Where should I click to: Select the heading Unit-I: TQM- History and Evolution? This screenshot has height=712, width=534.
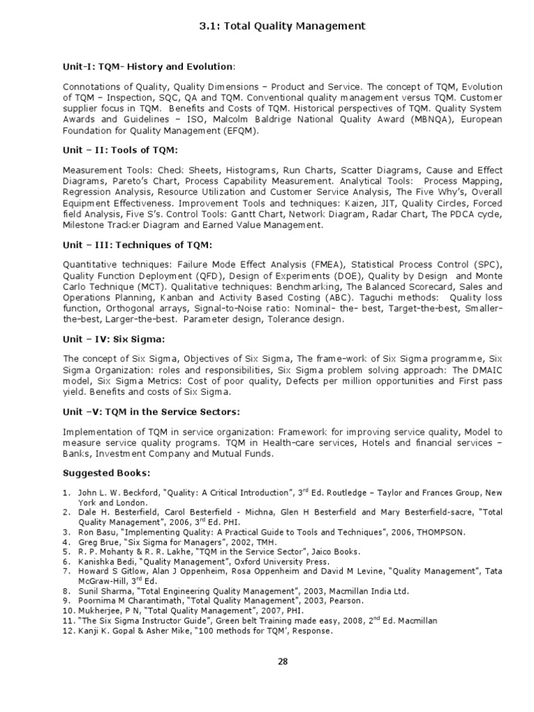point(149,66)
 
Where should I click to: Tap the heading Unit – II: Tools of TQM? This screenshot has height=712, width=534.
point(120,151)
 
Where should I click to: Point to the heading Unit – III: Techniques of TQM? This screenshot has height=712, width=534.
point(138,245)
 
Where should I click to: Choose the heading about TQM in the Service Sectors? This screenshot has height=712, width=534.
point(152,412)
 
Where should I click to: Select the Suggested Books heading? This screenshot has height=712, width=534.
point(106,474)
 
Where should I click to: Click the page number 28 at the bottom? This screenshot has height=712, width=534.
point(282,661)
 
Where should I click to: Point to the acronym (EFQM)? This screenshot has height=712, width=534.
point(238,130)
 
